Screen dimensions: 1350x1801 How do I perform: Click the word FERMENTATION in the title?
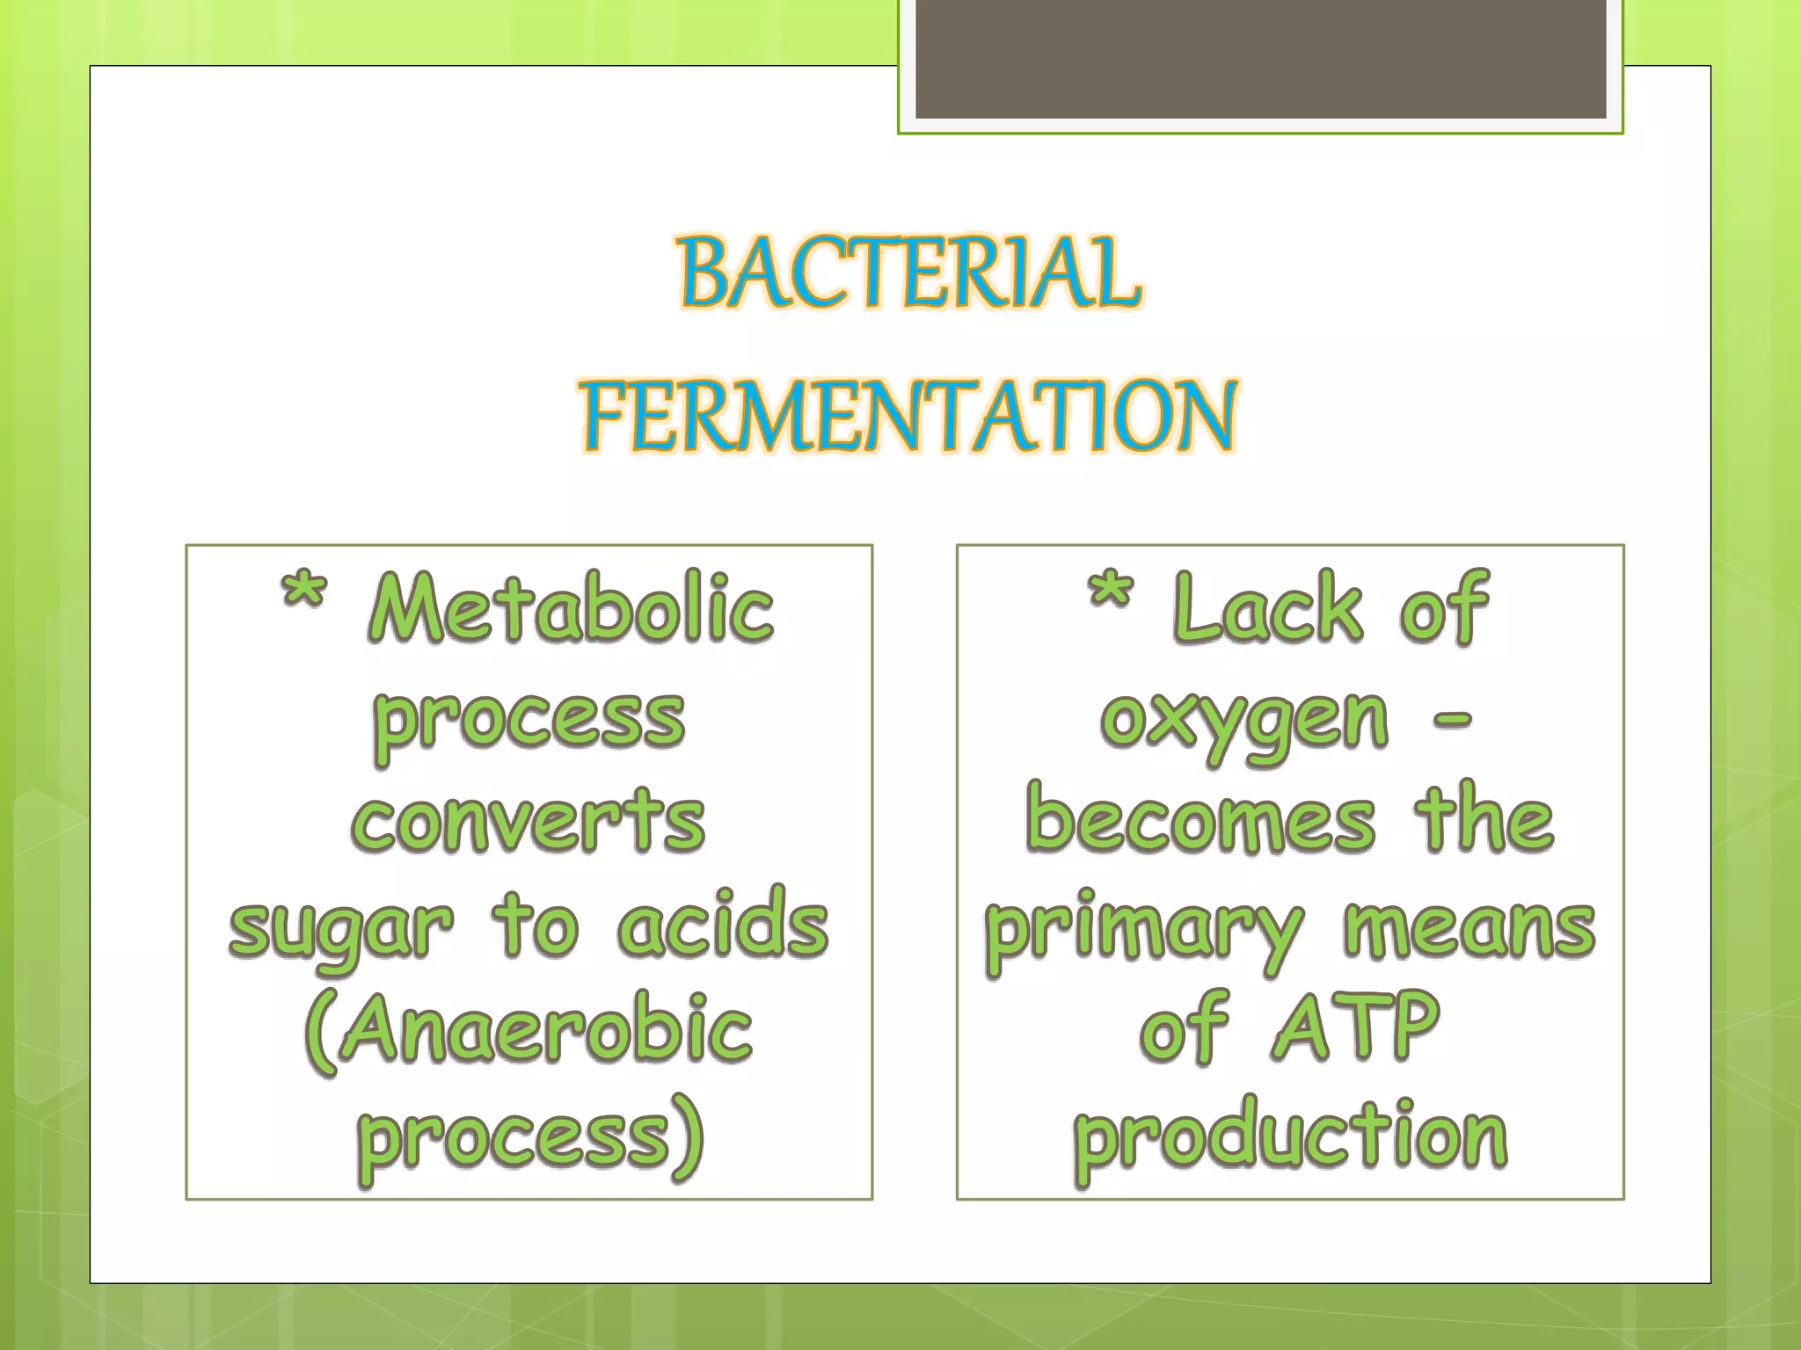pos(910,417)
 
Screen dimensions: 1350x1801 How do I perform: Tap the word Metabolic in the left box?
pos(572,608)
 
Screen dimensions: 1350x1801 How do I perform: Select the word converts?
pos(529,822)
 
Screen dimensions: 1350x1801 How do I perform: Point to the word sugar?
pos(341,930)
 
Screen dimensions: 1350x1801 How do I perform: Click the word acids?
pos(723,925)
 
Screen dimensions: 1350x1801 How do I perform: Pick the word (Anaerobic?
pos(529,1030)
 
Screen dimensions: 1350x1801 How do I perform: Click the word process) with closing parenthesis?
pos(530,1137)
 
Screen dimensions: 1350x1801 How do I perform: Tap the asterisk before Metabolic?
pos(304,593)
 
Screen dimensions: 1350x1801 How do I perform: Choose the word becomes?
pos(1200,822)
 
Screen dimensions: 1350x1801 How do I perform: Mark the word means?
pos(1469,930)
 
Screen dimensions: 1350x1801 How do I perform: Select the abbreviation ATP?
pos(1355,1027)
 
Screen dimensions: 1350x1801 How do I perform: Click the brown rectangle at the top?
pos(1260,58)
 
